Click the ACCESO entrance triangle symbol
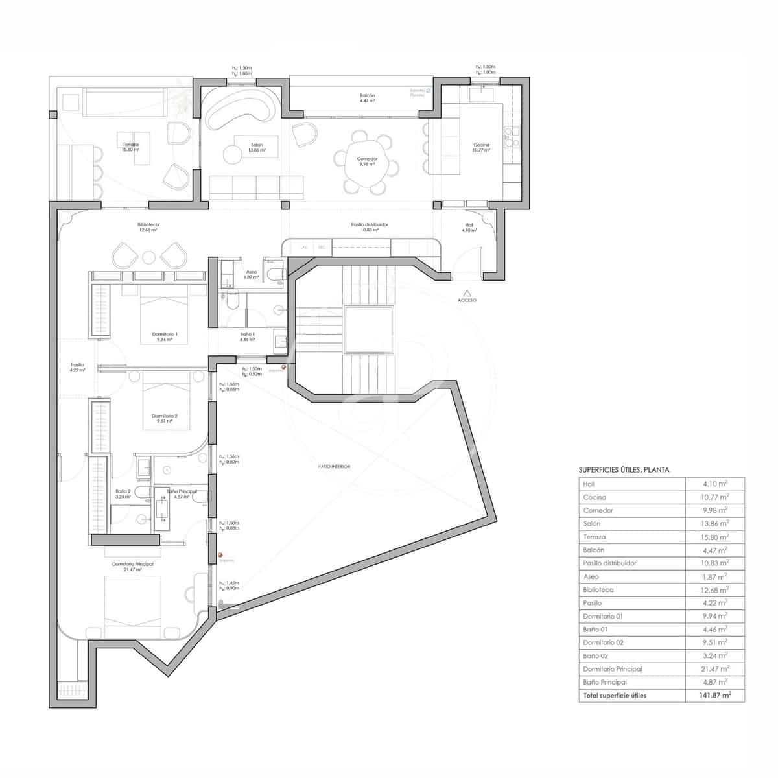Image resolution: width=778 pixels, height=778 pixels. pos(467,293)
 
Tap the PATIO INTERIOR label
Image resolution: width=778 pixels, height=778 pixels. pos(335,466)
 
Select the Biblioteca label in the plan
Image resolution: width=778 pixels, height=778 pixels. pos(148,226)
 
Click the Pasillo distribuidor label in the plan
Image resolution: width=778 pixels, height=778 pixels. pos(370,225)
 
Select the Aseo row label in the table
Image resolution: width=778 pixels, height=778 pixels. pos(591,576)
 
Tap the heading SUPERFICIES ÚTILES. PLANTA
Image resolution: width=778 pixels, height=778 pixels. pos(624,470)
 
